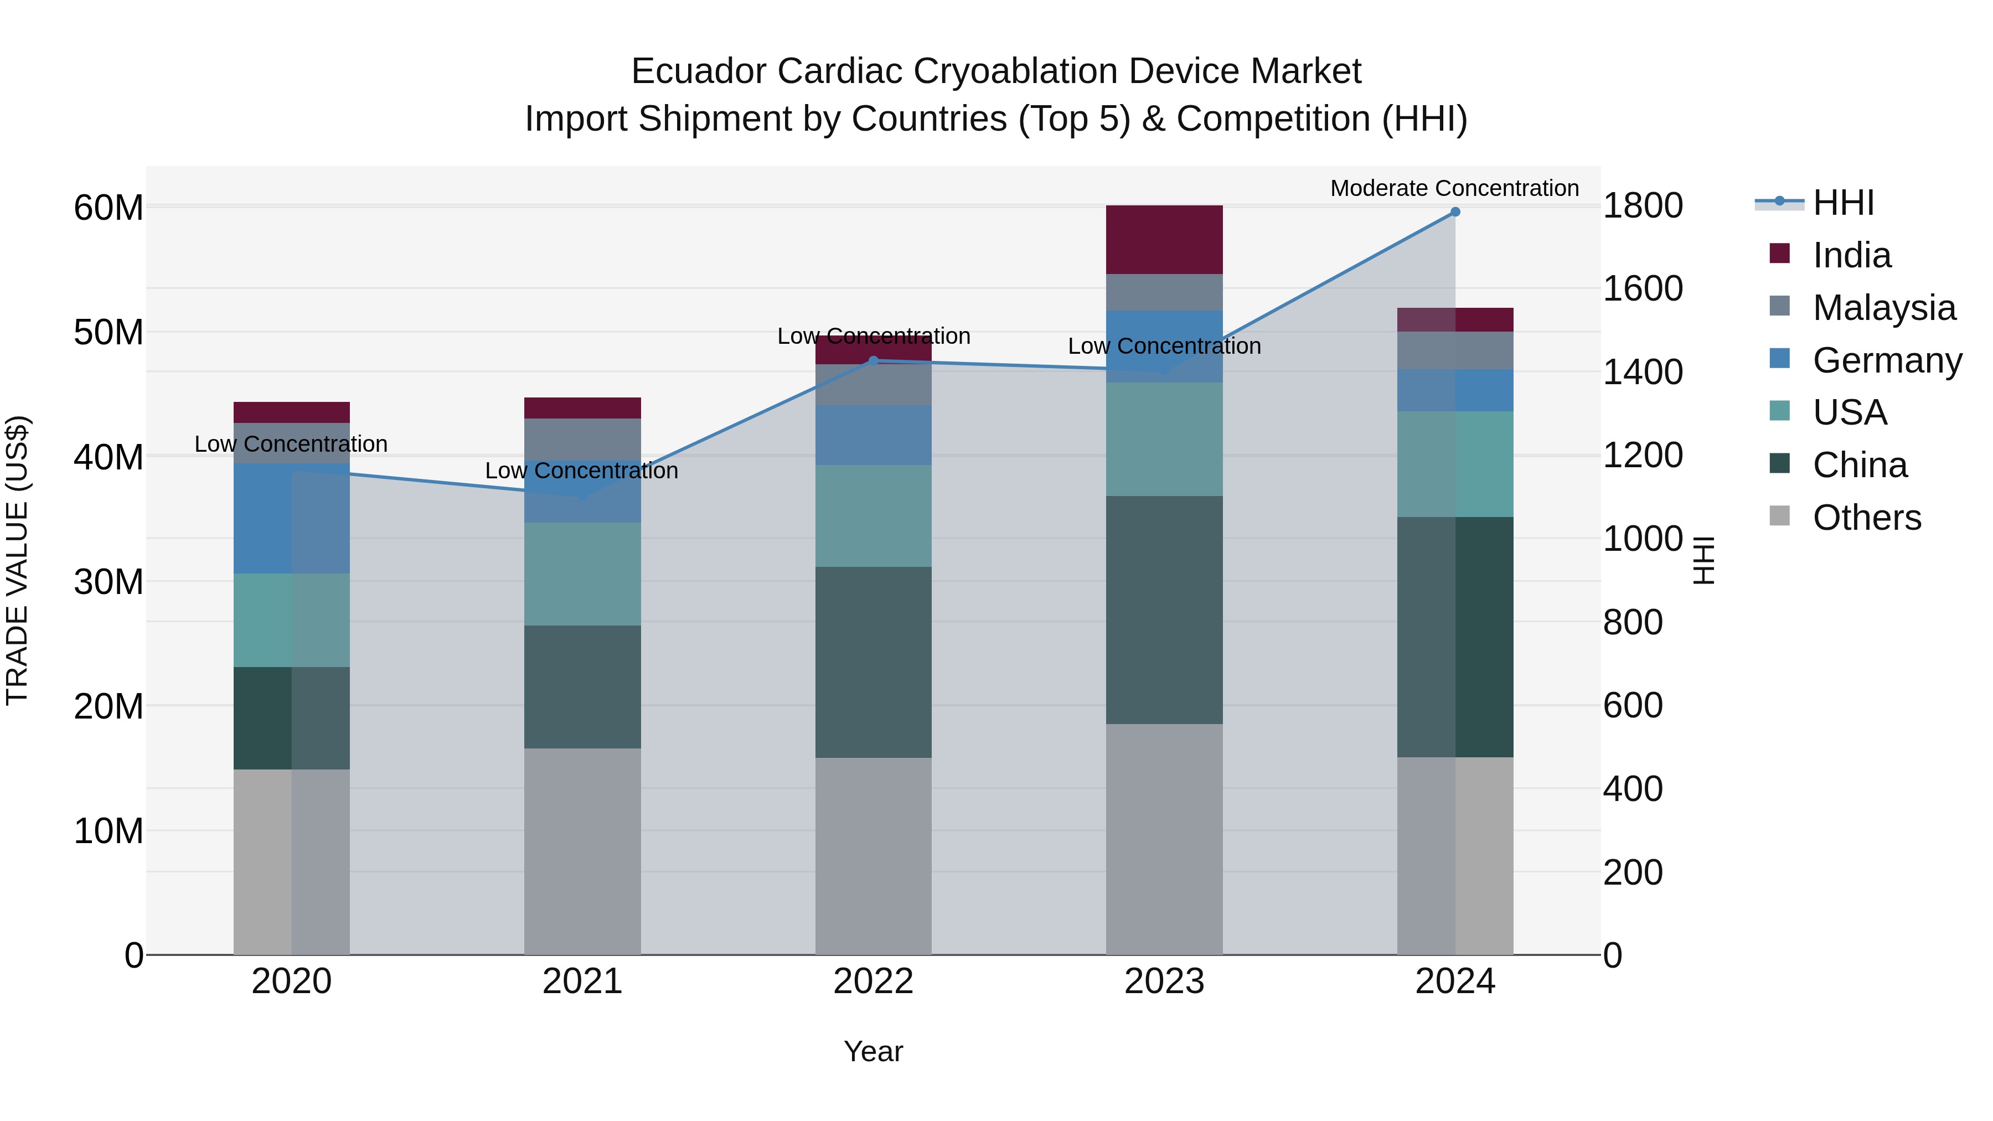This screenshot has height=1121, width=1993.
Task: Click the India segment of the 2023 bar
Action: pos(1164,239)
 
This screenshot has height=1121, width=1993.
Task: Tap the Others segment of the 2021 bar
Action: pos(582,851)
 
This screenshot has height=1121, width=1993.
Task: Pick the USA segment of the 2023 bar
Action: pos(1164,438)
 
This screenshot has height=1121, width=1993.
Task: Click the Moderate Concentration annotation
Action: pos(1454,188)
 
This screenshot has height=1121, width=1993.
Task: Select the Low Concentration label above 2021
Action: pos(581,471)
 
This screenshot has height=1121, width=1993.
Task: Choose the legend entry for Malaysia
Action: pos(1883,307)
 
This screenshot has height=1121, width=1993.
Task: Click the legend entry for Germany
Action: pos(1886,360)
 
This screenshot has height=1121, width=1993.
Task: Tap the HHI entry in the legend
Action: pos(1843,203)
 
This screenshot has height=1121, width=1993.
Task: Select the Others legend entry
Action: pos(1866,517)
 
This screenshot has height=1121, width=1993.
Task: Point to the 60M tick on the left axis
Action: pos(109,208)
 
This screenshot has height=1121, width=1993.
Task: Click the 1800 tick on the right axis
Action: pos(1642,206)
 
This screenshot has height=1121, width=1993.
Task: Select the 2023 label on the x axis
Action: pos(1164,981)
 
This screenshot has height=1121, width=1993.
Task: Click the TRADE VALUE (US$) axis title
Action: pos(17,560)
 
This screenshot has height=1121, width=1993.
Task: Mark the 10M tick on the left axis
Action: pos(109,831)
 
